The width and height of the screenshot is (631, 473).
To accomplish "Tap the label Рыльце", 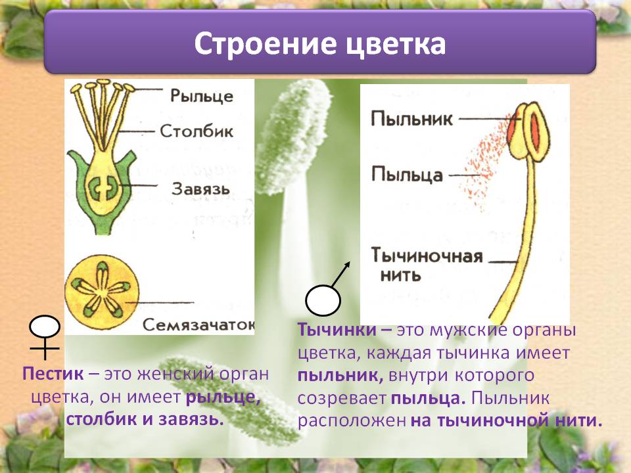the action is [x=202, y=96].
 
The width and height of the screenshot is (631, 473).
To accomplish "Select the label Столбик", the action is [x=197, y=131].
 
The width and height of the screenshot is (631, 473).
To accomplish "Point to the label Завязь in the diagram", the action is [x=200, y=189].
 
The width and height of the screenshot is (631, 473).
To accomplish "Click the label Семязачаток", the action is [x=199, y=325].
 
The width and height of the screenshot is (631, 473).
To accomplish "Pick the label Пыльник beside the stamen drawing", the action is [x=411, y=119].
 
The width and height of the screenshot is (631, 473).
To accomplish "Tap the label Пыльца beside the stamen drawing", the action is [x=407, y=175].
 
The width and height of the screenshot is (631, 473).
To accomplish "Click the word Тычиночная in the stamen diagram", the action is [x=427, y=256].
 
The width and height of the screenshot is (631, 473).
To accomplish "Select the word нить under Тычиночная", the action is [x=400, y=275].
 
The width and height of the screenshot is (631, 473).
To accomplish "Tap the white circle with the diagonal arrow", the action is [x=323, y=300].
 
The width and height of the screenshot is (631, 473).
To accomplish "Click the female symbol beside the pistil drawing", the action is [x=44, y=336].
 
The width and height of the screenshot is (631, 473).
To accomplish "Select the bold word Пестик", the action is [x=53, y=374].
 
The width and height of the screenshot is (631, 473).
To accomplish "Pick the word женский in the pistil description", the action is [x=175, y=374].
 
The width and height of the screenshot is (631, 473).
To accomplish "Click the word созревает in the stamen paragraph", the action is [x=342, y=398].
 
